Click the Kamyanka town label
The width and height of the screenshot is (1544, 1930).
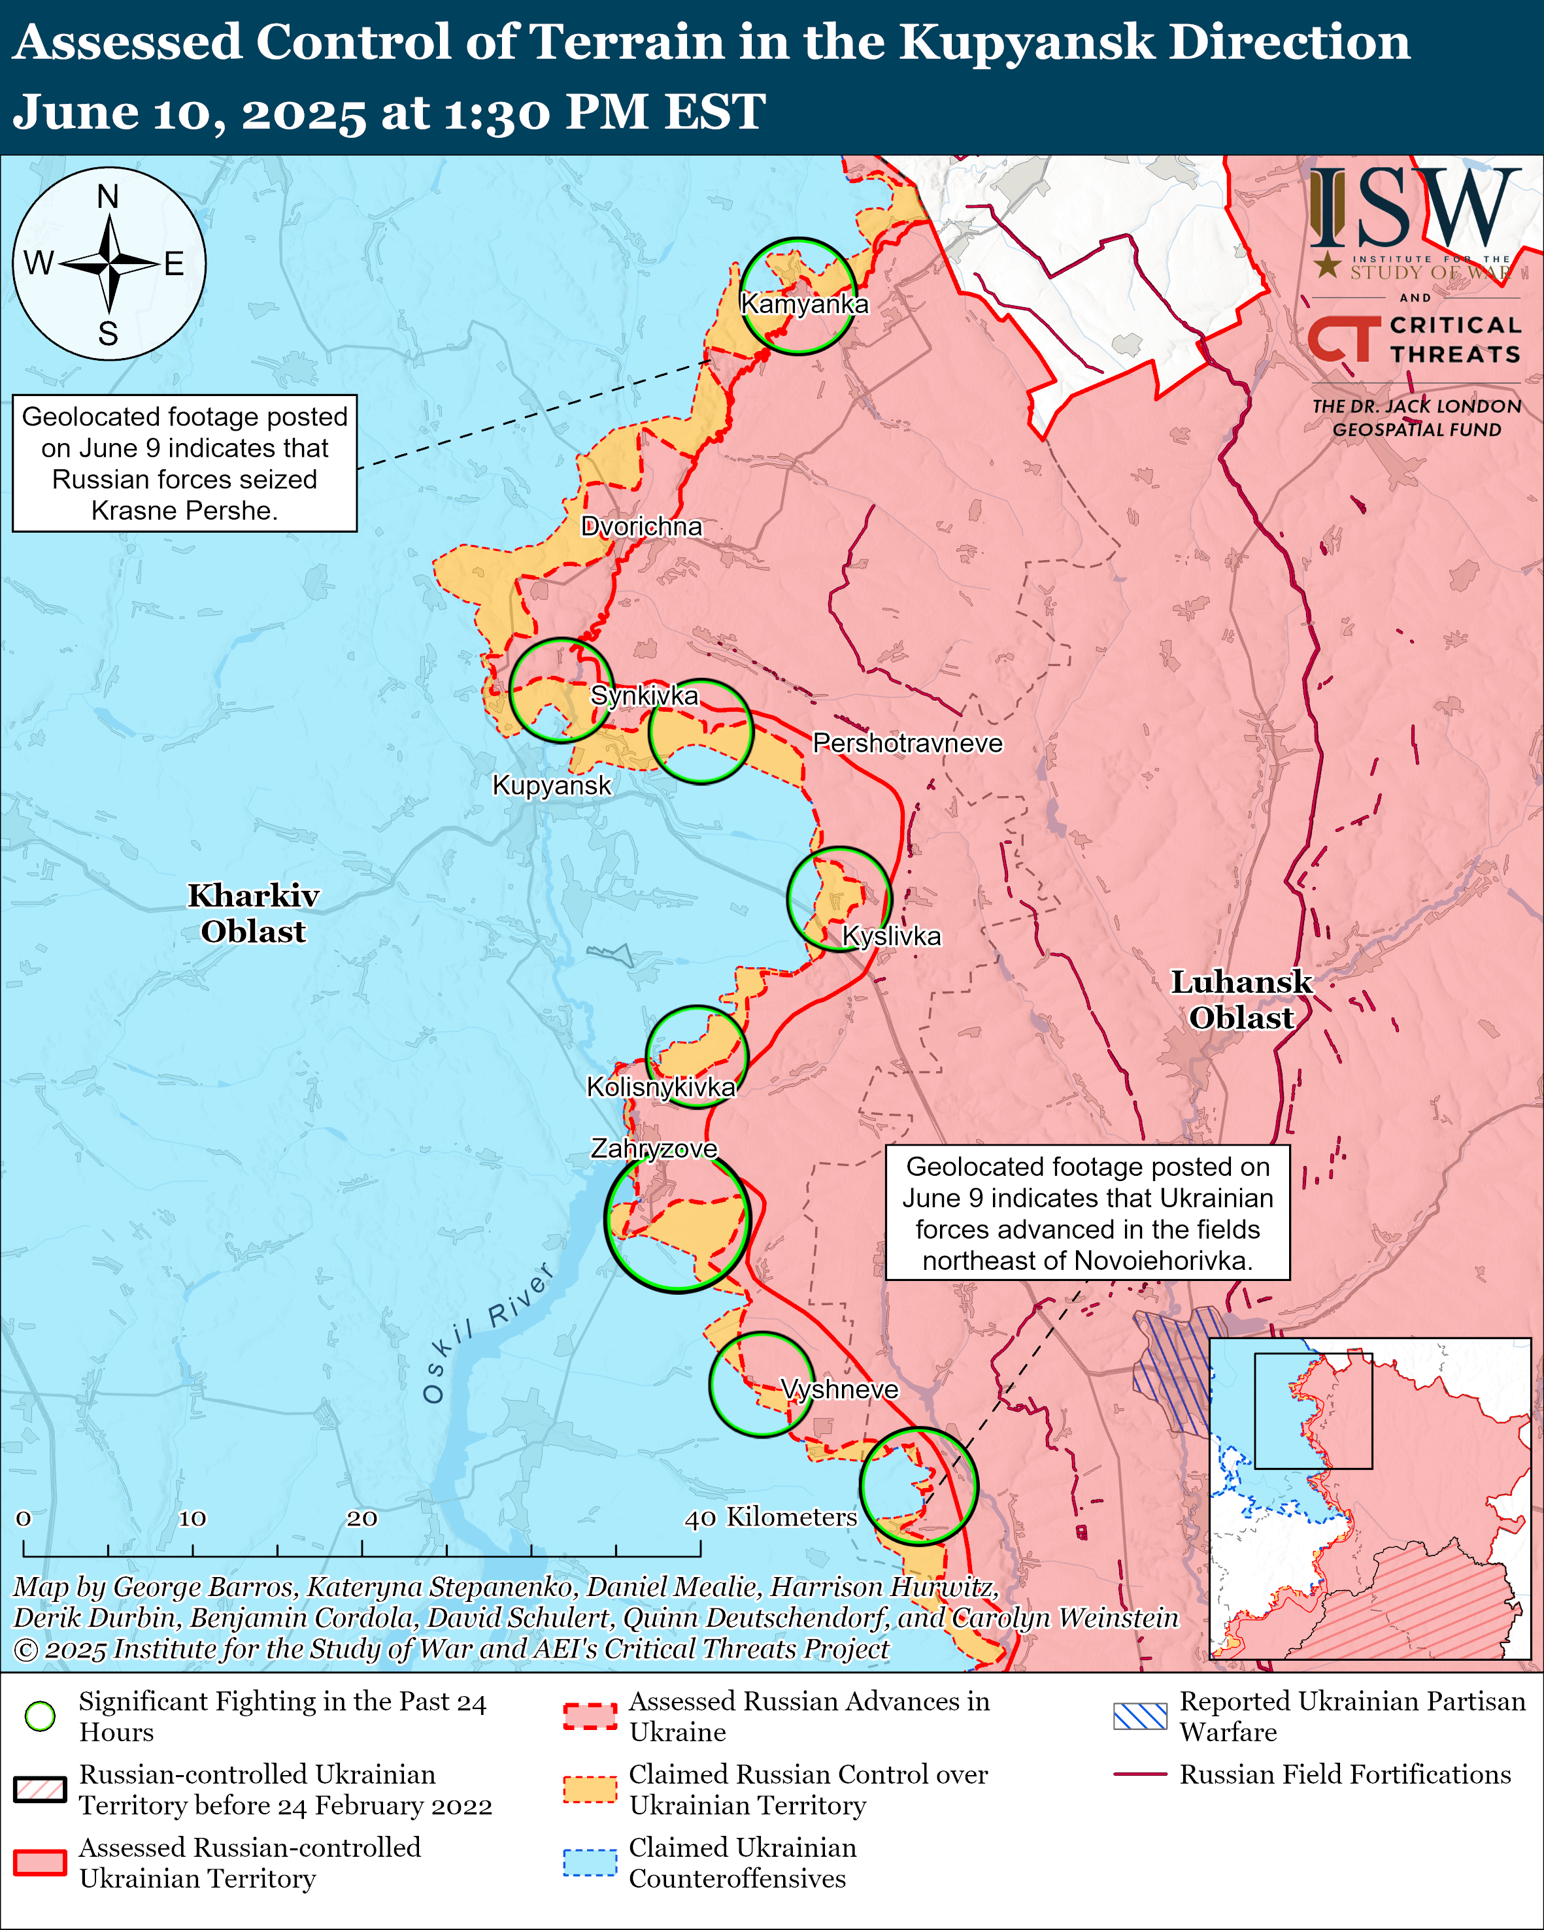coord(804,305)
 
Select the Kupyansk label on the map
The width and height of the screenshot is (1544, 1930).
coord(551,785)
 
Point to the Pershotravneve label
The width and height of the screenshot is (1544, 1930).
coord(907,743)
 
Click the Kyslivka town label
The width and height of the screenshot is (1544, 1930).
coord(892,937)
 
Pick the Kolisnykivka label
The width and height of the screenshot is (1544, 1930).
coord(661,1087)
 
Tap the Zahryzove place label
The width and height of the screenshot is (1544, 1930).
coord(654,1148)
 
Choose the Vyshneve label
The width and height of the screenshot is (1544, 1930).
coord(839,1389)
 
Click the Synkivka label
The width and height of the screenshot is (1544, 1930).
coord(644,695)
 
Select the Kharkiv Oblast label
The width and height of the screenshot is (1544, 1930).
coord(254,913)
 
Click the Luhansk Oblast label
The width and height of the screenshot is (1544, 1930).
coord(1241,1000)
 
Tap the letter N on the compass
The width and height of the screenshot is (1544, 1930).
coord(109,196)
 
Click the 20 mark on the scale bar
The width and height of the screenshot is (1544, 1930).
coord(361,1518)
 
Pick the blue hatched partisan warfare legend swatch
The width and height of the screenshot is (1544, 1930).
coord(1139,1716)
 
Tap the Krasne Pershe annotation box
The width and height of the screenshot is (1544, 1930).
coord(184,463)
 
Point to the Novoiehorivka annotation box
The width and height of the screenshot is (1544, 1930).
coord(1088,1213)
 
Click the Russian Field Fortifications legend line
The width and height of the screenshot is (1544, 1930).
coord(1139,1774)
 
